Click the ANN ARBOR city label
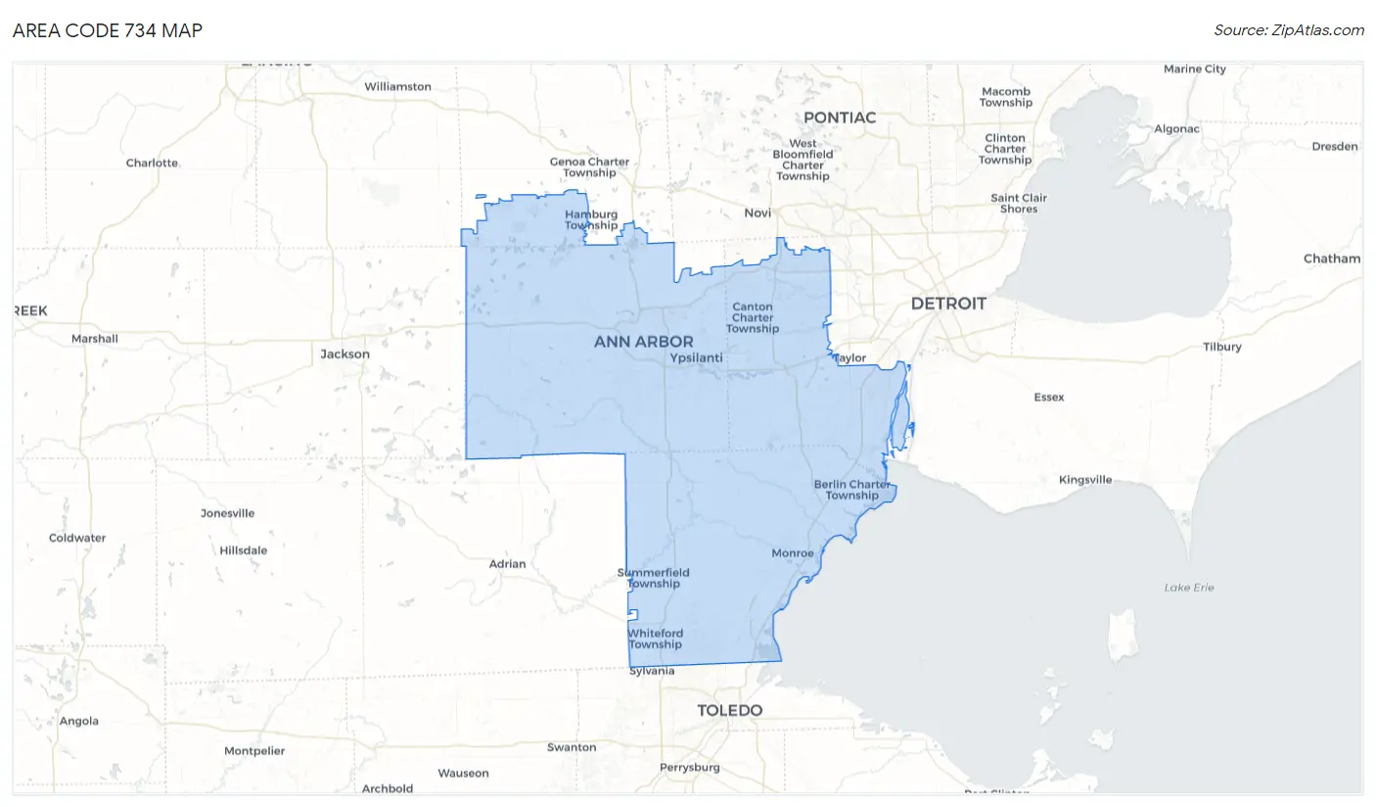coord(643,342)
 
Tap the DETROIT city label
coord(948,304)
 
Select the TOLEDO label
coord(729,710)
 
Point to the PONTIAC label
coord(840,118)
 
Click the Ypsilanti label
coord(696,358)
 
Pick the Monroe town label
coord(793,553)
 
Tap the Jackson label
coord(345,354)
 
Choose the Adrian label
coord(507,564)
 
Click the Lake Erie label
coord(1189,588)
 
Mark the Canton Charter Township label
coord(753,317)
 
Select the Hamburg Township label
coord(591,219)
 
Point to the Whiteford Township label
coord(655,639)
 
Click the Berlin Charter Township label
coord(851,490)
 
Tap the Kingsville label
coord(1085,480)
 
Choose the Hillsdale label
coord(244,550)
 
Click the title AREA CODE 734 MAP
coord(108,30)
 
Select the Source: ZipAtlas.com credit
coord(1289,30)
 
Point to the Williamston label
coord(397,86)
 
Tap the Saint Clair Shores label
coord(1019,203)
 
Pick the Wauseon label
coord(463,773)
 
